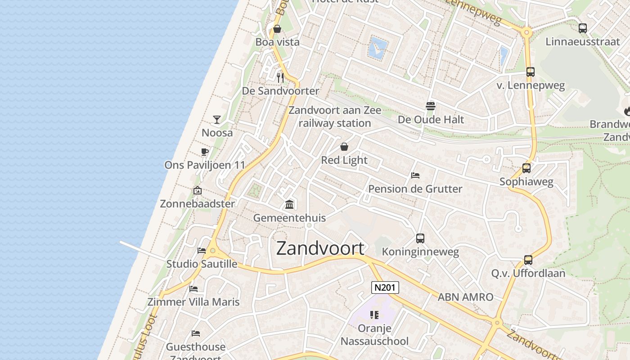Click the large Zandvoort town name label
tap(320, 248)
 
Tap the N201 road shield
tap(385, 288)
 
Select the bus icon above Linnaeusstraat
tap(583, 28)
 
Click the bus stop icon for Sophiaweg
tap(526, 168)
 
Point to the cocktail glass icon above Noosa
tap(217, 119)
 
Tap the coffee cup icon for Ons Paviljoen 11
tap(205, 152)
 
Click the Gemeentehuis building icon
tap(289, 205)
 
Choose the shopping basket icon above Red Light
tap(344, 147)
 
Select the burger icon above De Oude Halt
tap(431, 106)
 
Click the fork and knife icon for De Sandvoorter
tap(280, 77)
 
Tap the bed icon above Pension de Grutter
tap(415, 175)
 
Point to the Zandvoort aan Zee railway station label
tap(335, 117)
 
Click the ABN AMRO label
tap(465, 297)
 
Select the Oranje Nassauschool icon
tap(374, 315)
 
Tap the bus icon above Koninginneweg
tap(420, 238)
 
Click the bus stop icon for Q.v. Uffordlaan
tap(528, 260)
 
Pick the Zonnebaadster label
tap(198, 204)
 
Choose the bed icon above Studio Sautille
tap(202, 251)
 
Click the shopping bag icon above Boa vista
tap(277, 29)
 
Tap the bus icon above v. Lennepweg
tap(531, 72)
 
